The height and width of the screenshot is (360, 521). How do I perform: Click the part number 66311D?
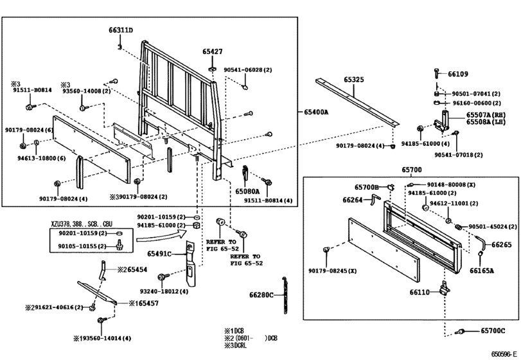point(121,30)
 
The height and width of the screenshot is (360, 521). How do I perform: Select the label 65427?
point(213,51)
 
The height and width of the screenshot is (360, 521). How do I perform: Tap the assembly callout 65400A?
point(315,112)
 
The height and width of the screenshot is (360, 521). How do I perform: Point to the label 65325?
point(353,80)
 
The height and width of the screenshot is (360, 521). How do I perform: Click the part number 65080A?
point(247,192)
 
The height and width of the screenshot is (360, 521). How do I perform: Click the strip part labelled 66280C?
point(285,295)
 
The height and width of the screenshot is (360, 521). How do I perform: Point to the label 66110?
point(419,292)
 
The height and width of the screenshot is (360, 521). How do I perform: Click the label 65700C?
point(493,330)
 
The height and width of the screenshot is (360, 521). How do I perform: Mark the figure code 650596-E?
point(504,354)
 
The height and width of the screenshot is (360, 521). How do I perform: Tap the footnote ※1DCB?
point(234,331)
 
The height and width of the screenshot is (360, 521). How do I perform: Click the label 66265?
point(502,245)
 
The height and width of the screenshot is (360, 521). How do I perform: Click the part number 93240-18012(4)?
point(164,291)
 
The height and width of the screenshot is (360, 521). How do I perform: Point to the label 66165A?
point(481,271)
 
